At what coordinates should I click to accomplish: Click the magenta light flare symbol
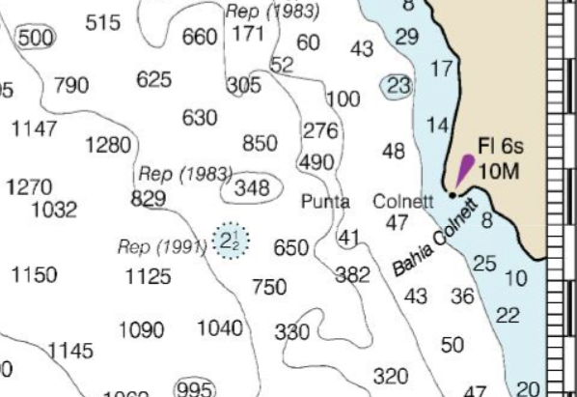pyautogui.click(x=464, y=170)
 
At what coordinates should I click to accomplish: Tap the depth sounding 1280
pyautogui.click(x=107, y=146)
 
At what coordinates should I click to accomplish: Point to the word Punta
pyautogui.click(x=325, y=203)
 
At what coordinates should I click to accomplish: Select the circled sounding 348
pyautogui.click(x=252, y=187)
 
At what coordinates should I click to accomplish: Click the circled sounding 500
pyautogui.click(x=36, y=38)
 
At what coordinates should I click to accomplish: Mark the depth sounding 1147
pyautogui.click(x=34, y=128)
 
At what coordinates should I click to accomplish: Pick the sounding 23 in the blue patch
pyautogui.click(x=398, y=86)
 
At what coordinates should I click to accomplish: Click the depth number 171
pyautogui.click(x=248, y=35)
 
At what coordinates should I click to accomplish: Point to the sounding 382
pyautogui.click(x=352, y=275)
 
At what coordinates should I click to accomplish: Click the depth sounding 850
pyautogui.click(x=260, y=144)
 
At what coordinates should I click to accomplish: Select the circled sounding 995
pyautogui.click(x=193, y=388)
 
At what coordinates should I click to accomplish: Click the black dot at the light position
pyautogui.click(x=453, y=195)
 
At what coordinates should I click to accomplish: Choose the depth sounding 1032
pyautogui.click(x=54, y=210)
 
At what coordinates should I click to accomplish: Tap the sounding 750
pyautogui.click(x=269, y=287)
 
